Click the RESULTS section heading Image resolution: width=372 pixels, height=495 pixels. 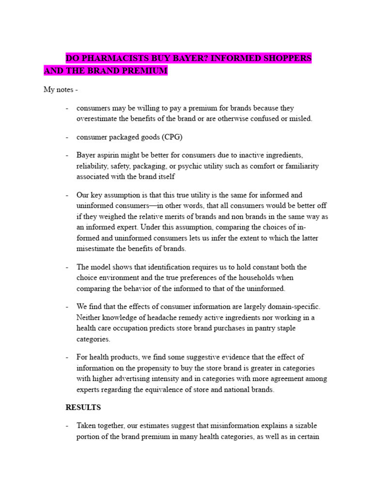coord(83,408)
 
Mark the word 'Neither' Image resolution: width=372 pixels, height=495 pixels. coord(89,318)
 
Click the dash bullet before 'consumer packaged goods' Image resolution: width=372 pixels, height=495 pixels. coord(67,137)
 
